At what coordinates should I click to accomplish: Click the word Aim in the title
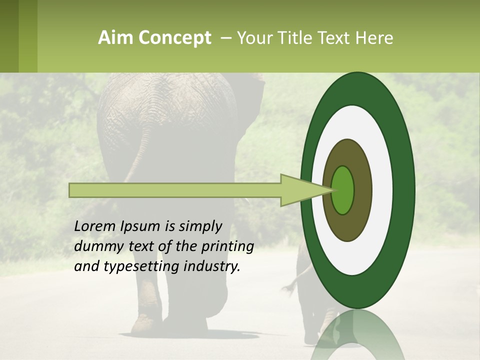111,38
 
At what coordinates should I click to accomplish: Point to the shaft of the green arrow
175,190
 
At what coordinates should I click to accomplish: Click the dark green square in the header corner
9,36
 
